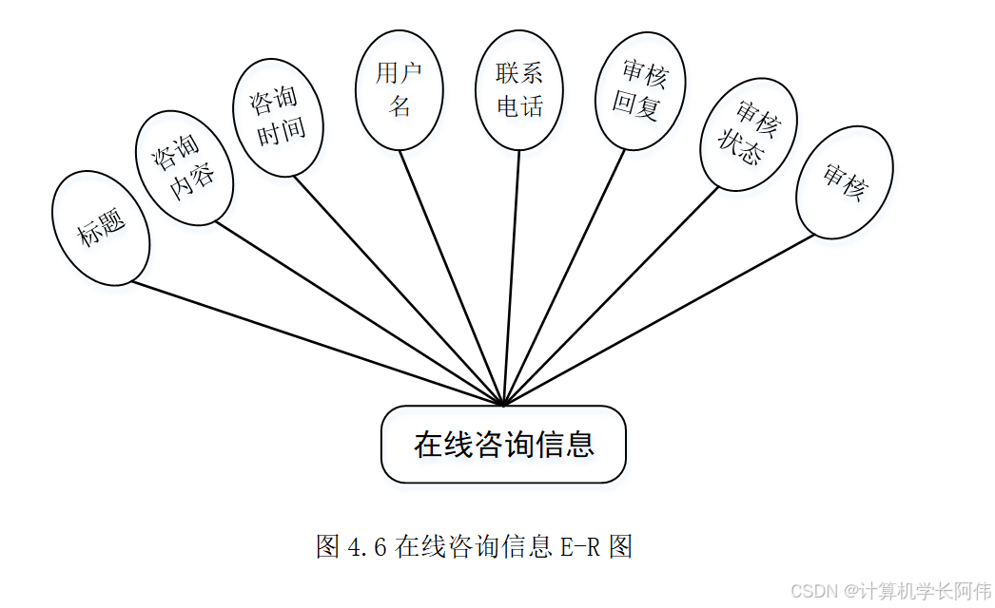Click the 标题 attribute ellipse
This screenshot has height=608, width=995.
101,229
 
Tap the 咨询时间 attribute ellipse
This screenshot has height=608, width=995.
279,117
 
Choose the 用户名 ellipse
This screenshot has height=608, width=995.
400,89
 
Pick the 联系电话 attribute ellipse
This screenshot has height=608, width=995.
519,89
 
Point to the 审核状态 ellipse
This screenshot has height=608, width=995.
748,134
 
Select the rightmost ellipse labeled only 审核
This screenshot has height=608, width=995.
844,181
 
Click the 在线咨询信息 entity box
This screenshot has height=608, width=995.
503,445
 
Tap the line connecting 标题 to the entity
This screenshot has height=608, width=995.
314,342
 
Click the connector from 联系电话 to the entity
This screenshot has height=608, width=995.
512,275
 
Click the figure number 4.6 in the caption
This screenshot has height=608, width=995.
365,547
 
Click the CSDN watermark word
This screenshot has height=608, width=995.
812,591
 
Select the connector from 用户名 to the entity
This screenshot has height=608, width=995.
452,275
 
